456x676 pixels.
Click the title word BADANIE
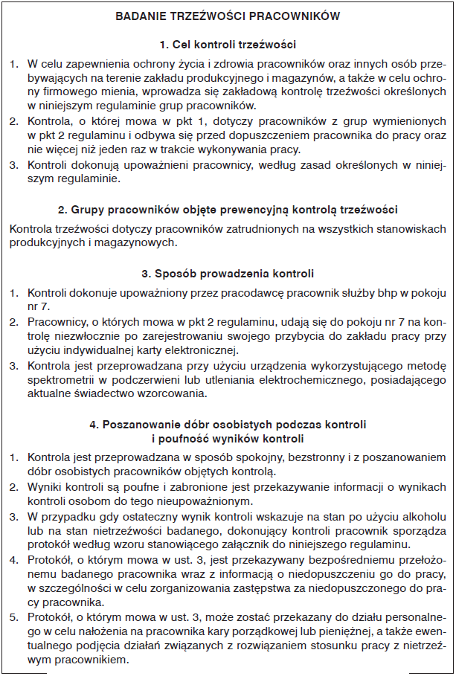147,15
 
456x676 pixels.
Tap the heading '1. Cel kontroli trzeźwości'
228,44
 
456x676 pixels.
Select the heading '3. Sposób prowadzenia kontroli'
228,273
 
